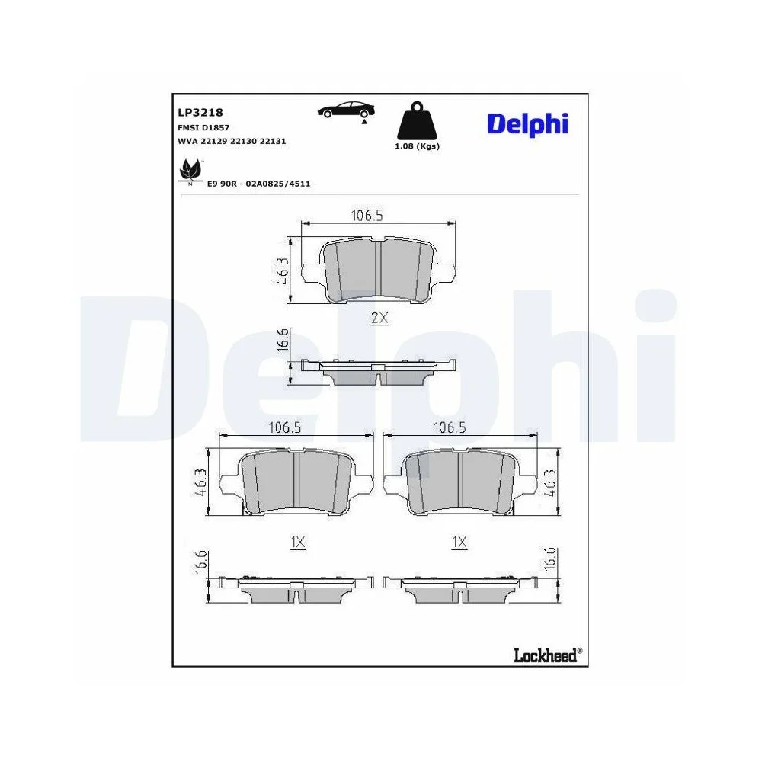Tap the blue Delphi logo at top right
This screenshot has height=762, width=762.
point(527,123)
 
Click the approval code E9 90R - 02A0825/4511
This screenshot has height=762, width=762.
point(258,184)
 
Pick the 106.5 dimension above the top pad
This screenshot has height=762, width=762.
point(366,216)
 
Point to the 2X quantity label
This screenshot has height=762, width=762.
point(379,319)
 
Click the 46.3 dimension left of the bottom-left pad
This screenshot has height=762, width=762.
point(202,483)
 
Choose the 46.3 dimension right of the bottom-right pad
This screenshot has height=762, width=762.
point(551,483)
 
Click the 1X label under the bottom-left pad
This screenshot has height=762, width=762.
point(298,542)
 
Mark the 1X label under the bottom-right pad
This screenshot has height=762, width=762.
point(459,542)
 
